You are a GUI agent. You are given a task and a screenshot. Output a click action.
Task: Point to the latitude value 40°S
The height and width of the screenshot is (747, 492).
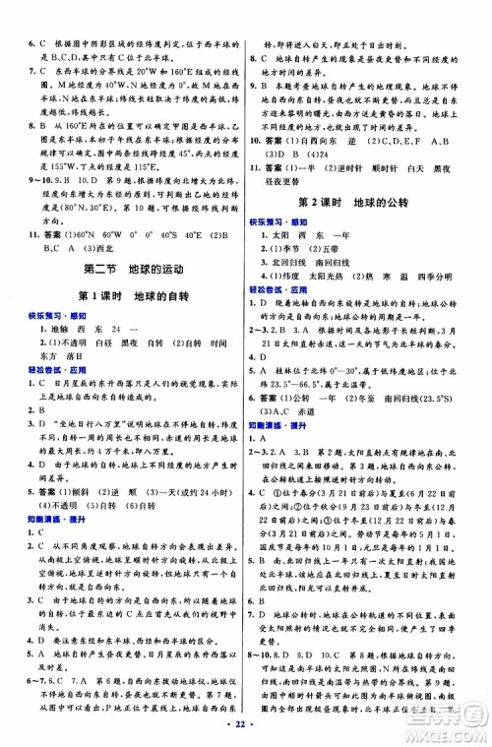(x=171, y=236)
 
